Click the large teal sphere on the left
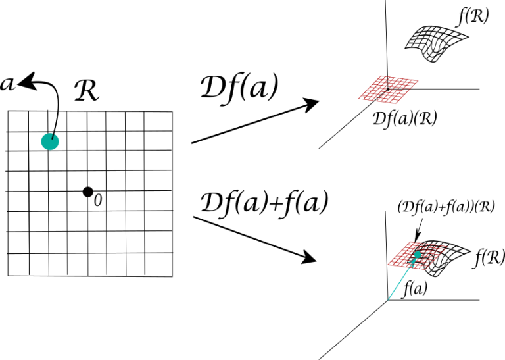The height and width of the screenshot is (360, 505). (x=50, y=141)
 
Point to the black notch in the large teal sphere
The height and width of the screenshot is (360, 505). (x=53, y=136)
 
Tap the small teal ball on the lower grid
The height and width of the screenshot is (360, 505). (x=418, y=255)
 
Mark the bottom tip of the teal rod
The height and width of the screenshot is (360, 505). (x=389, y=300)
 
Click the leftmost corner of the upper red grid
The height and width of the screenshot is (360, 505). (x=358, y=99)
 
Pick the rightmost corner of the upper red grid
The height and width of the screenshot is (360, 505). (x=419, y=81)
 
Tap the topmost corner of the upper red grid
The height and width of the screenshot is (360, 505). (x=382, y=76)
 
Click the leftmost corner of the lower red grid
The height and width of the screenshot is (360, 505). (x=388, y=265)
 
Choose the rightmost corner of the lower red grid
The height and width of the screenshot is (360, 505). (x=447, y=247)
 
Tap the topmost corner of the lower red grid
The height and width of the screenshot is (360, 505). (x=411, y=242)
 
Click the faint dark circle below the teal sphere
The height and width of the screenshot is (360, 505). (x=87, y=192)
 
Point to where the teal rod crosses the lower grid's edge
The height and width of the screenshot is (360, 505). (x=409, y=267)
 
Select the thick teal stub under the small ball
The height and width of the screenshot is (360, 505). (x=413, y=261)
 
